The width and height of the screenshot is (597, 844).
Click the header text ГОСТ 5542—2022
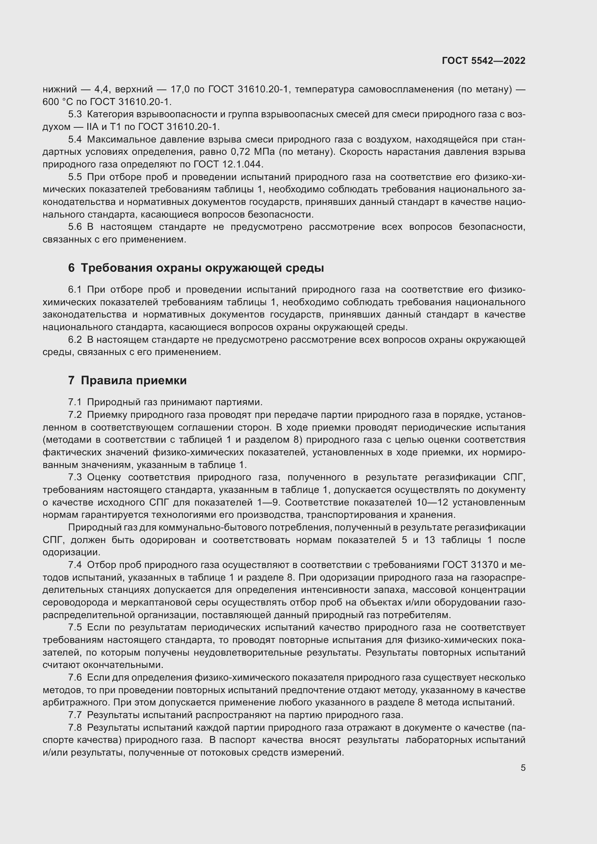coord(483,61)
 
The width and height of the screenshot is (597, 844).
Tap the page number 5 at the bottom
coord(523,768)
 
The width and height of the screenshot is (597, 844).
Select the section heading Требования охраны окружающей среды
coord(202,268)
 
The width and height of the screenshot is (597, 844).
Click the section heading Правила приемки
coord(134,380)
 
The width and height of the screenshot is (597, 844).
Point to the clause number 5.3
coord(75,115)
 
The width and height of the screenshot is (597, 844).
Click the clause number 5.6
coord(75,227)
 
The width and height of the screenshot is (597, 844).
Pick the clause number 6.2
coord(75,340)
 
